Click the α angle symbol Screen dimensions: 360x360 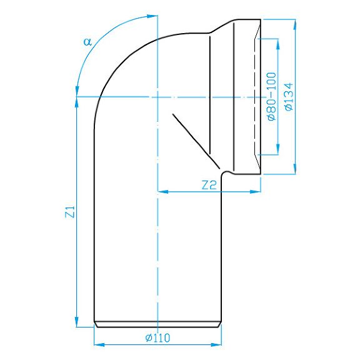coord(87,42)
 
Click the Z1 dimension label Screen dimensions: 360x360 coord(70,212)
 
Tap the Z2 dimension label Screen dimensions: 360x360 coord(209,185)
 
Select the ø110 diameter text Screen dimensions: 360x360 coord(157,337)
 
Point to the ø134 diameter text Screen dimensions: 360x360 coord(288,97)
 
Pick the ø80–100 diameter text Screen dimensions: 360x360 coord(271,96)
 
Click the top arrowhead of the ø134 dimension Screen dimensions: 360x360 coord(295,24)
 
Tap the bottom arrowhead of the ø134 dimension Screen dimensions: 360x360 coord(295,169)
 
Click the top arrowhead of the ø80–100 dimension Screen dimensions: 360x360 coord(278,44)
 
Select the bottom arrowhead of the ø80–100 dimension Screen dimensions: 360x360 coord(278,149)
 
